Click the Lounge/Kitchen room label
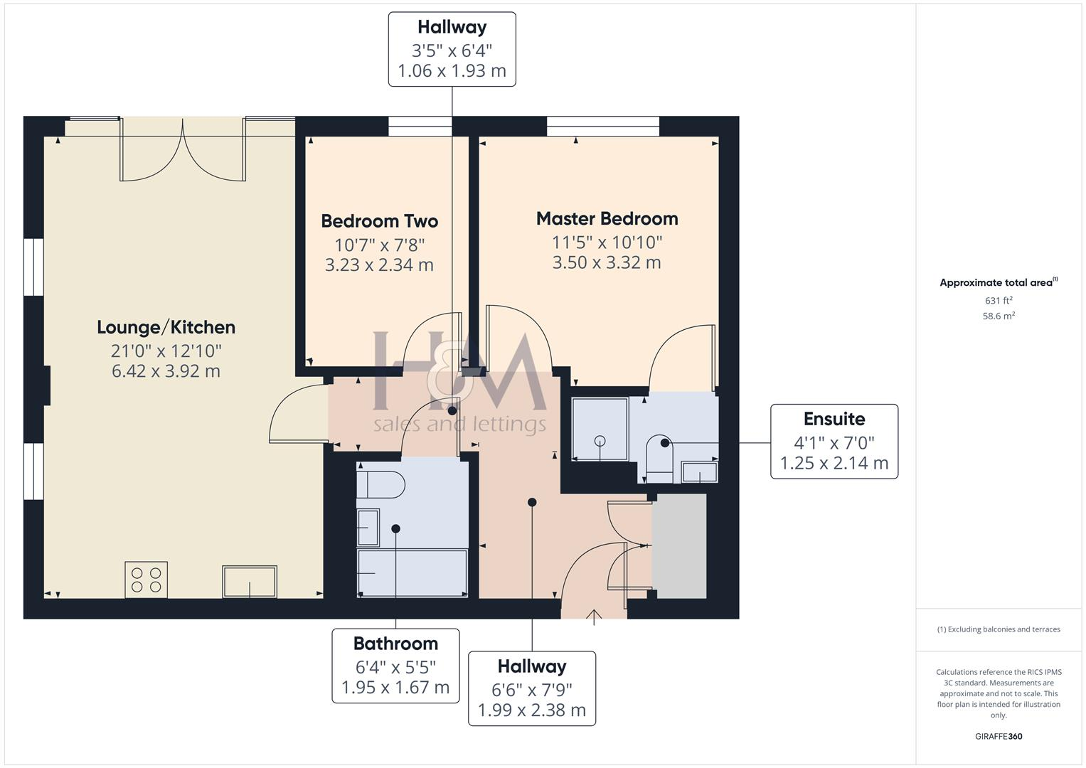click(166, 327)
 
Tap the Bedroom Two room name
click(379, 221)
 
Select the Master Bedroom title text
click(607, 218)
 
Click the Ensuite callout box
click(834, 441)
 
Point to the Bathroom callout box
click(395, 666)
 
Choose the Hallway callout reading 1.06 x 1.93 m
click(452, 49)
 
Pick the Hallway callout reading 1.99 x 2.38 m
click(531, 688)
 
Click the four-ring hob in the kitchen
click(147, 579)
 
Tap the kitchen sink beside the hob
click(249, 581)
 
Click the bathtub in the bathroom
click(412, 572)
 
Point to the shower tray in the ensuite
click(600, 429)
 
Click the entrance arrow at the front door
click(594, 617)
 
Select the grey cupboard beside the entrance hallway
click(679, 546)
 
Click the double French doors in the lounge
click(183, 151)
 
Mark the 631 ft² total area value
click(999, 301)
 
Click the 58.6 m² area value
click(999, 316)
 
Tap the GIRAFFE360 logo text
click(999, 736)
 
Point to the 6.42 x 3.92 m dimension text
click(166, 371)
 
